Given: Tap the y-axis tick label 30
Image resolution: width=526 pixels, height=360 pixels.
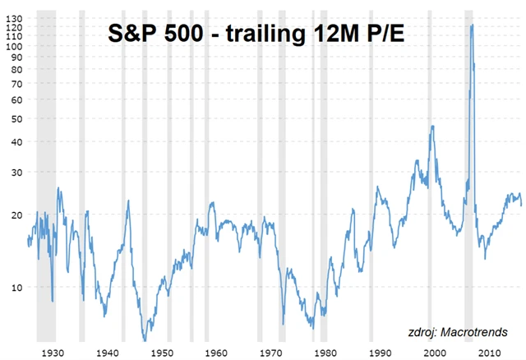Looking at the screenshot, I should pos(16,173).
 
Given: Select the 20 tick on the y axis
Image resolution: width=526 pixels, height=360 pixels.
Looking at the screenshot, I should pos(16,215).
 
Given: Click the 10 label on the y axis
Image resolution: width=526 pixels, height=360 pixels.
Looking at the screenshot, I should pos(16,287).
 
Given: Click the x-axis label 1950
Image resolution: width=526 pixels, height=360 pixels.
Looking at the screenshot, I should pos(163,352).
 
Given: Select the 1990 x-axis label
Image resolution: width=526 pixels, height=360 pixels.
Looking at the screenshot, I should pos(379,352).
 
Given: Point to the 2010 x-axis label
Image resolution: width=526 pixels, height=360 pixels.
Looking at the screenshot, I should pos(488,352).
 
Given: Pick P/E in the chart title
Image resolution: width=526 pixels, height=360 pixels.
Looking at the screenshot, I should pos(384,35).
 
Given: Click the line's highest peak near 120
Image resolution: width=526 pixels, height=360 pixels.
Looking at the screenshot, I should pos(472,25).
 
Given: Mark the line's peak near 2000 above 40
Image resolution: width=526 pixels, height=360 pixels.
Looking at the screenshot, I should pos(432,126).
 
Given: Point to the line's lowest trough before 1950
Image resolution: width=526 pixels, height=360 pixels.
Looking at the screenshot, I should pos(145,339).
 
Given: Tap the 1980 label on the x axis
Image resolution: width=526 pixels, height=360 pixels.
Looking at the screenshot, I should pos(325,352).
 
